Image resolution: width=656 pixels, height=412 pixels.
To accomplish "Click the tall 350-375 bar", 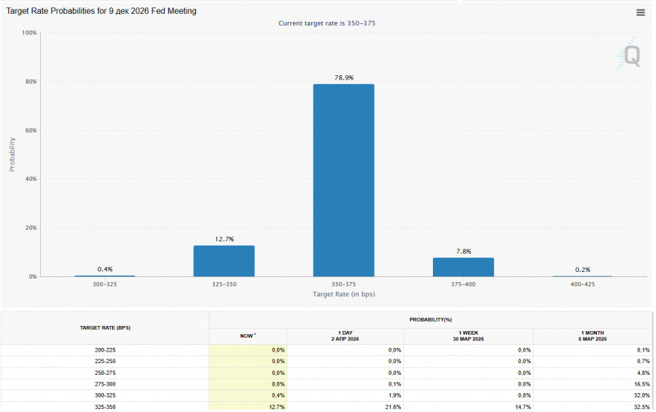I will [343, 180].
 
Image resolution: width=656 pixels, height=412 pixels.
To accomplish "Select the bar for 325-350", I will [224, 261].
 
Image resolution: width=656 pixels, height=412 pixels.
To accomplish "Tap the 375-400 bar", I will [463, 267].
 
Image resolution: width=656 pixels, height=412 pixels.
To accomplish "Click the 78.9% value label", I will [343, 77].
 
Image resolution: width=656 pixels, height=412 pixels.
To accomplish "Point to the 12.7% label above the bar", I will [224, 239].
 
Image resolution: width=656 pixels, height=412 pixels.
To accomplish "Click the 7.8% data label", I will [463, 252].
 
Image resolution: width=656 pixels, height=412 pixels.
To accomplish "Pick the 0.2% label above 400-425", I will [582, 270].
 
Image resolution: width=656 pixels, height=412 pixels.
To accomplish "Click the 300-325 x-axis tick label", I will [104, 284].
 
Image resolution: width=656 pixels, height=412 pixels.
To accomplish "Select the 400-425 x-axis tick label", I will [582, 284].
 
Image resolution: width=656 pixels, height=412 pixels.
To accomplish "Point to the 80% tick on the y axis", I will [29, 82].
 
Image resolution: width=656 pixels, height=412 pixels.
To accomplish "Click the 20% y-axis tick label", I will [29, 228].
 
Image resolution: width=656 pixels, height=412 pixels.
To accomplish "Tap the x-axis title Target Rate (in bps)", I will [343, 294].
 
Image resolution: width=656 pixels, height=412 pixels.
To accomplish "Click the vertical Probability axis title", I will [12, 155].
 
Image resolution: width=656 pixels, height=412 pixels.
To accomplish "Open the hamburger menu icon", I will [641, 12].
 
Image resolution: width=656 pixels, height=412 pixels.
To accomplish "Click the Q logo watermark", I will [631, 55].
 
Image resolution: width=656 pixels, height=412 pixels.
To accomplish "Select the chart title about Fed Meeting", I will [101, 12].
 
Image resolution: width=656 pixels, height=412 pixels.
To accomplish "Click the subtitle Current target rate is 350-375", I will [327, 23].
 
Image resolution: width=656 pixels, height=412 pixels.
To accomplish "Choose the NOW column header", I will [248, 336].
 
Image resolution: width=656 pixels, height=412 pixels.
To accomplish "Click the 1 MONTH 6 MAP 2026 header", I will [593, 336].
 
